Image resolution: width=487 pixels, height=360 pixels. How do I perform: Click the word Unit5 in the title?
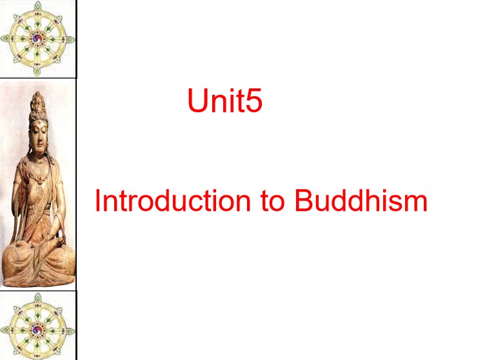point(225,101)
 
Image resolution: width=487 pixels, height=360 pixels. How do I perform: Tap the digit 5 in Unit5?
point(253,101)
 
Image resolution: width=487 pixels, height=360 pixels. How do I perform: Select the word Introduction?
point(173,201)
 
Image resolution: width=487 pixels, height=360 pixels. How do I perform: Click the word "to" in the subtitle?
point(272,201)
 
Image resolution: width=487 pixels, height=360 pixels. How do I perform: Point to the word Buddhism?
point(361,201)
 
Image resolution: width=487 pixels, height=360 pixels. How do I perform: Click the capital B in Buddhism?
point(303,201)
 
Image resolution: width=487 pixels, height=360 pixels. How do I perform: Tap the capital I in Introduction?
point(97,201)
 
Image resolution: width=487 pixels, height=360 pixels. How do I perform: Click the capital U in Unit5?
point(197,101)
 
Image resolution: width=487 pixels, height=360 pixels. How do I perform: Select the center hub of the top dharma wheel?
point(37,39)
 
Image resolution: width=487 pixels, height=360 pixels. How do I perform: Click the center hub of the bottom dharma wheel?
point(37,330)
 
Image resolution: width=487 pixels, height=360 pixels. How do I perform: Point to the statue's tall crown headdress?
point(37,106)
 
